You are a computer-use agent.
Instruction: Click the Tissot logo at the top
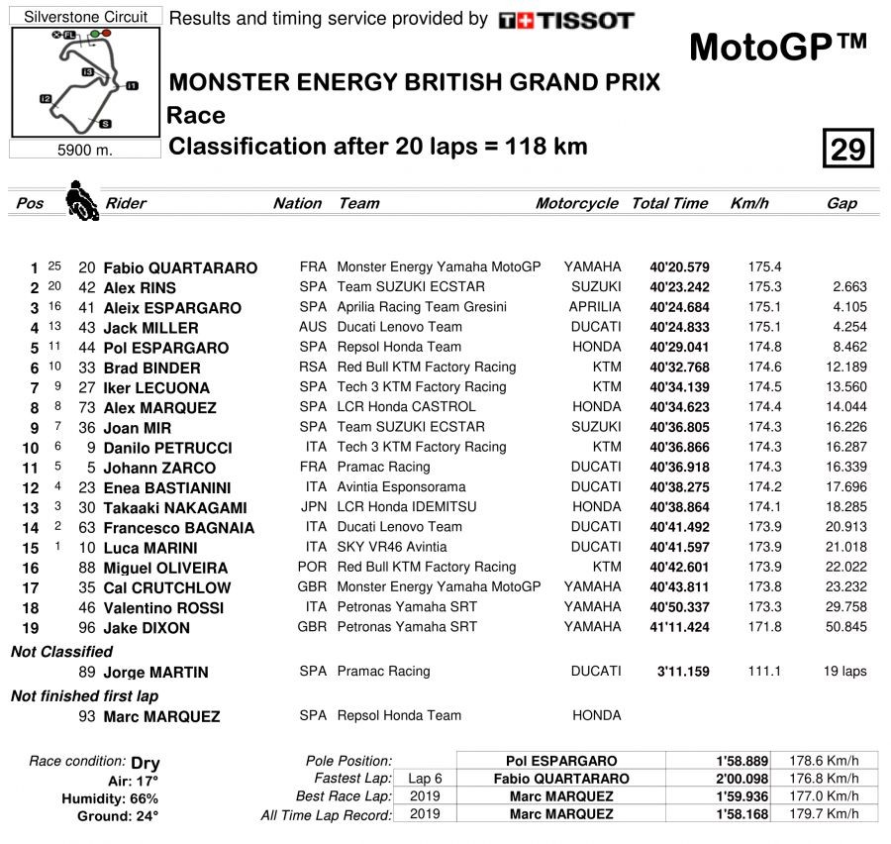565,20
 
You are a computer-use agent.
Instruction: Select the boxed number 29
847,149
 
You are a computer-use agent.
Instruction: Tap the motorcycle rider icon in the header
81,200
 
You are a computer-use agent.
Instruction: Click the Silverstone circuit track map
85,82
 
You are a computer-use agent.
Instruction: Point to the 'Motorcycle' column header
577,203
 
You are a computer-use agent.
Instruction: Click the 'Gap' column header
841,203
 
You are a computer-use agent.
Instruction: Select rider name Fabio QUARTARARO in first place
180,267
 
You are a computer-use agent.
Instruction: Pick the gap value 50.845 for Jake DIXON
844,627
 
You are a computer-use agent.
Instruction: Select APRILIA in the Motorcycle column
595,307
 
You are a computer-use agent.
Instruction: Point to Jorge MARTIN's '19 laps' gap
844,671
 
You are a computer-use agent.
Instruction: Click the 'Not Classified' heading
61,652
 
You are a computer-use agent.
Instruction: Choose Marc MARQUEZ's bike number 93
87,715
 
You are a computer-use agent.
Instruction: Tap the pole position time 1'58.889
741,761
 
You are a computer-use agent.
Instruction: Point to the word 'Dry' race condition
146,763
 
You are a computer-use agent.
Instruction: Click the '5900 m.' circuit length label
84,151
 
